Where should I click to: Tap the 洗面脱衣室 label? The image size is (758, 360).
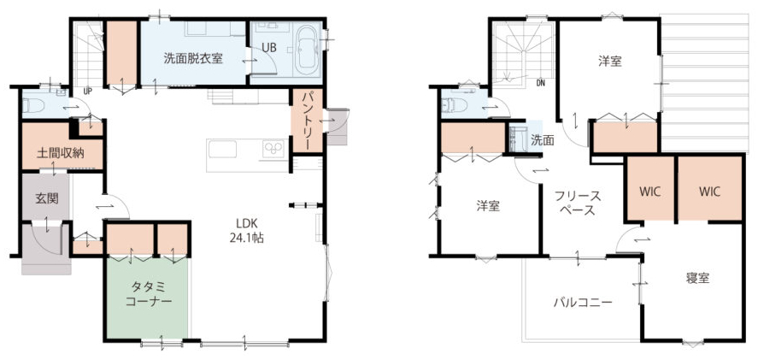pos(193,59)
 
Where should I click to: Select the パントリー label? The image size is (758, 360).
pos(308,120)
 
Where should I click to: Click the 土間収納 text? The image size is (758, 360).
pos(61,153)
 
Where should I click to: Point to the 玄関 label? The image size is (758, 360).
pos(47,198)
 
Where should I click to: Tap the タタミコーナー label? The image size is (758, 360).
pos(149,294)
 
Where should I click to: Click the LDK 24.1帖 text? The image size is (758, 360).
pos(249,230)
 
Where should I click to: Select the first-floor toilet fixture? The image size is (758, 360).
pos(33,105)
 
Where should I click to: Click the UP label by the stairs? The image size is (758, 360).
pos(87,91)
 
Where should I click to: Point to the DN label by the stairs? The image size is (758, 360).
pos(540,83)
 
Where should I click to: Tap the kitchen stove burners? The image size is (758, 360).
pos(275,149)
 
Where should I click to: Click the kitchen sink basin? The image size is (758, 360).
pos(222,149)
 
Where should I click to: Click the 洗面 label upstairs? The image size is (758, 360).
pos(543,140)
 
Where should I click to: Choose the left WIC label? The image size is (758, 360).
pos(649,192)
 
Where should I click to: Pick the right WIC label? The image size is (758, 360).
pos(709,192)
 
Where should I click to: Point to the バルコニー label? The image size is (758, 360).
pos(583,304)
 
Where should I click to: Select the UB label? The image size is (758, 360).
pos(270,47)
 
